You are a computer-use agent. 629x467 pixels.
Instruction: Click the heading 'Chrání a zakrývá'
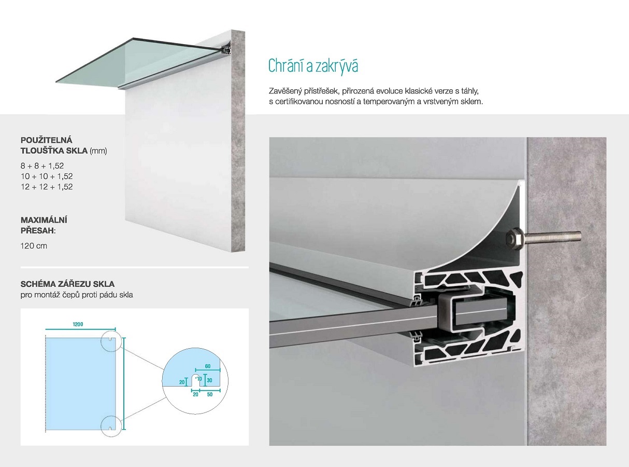tap(313, 65)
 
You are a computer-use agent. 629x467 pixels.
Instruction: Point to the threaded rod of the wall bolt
tap(552, 237)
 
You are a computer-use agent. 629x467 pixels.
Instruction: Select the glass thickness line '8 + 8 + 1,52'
tap(42, 166)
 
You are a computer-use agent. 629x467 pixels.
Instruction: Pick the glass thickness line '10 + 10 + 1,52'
tap(47, 176)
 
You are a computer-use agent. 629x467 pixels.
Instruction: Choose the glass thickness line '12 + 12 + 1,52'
tap(47, 187)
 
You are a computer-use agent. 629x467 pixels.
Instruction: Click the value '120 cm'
tap(34, 246)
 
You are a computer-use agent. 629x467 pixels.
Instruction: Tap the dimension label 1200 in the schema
tap(78, 324)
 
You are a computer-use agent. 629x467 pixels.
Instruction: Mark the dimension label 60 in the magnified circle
tap(208, 366)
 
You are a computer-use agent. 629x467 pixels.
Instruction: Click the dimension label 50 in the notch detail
tap(210, 394)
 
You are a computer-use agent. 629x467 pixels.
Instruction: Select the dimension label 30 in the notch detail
tap(209, 380)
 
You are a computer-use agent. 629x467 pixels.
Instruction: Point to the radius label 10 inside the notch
tap(199, 379)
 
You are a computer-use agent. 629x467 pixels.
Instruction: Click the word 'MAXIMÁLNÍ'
tap(44, 220)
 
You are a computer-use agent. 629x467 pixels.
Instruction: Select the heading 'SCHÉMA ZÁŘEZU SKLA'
tap(67, 284)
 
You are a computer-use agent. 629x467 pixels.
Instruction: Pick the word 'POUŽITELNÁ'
tap(47, 140)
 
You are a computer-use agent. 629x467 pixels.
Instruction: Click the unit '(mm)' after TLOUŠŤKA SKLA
tap(98, 151)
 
